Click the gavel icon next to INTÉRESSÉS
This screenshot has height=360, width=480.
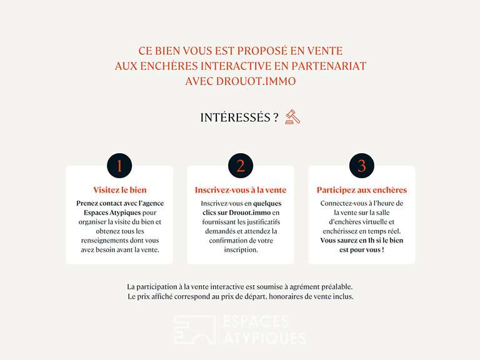pos(292,117)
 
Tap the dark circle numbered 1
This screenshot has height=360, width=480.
pos(119,166)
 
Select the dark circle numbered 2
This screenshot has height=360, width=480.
pos(241,166)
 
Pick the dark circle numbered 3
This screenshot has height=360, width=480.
pos(362,166)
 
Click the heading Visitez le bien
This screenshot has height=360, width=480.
pos(120,190)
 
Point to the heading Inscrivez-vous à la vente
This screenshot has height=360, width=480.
pos(241,190)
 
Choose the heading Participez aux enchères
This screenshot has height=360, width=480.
pos(362,190)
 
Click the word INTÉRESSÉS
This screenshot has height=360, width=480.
pos(236,117)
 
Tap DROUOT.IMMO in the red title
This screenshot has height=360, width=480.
pos(256,81)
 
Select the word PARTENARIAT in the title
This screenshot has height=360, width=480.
pos(329,66)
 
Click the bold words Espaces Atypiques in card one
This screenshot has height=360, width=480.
pos(112,212)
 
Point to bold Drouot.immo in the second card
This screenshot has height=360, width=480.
pos(249,212)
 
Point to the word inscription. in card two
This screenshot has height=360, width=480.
pos(241,249)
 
